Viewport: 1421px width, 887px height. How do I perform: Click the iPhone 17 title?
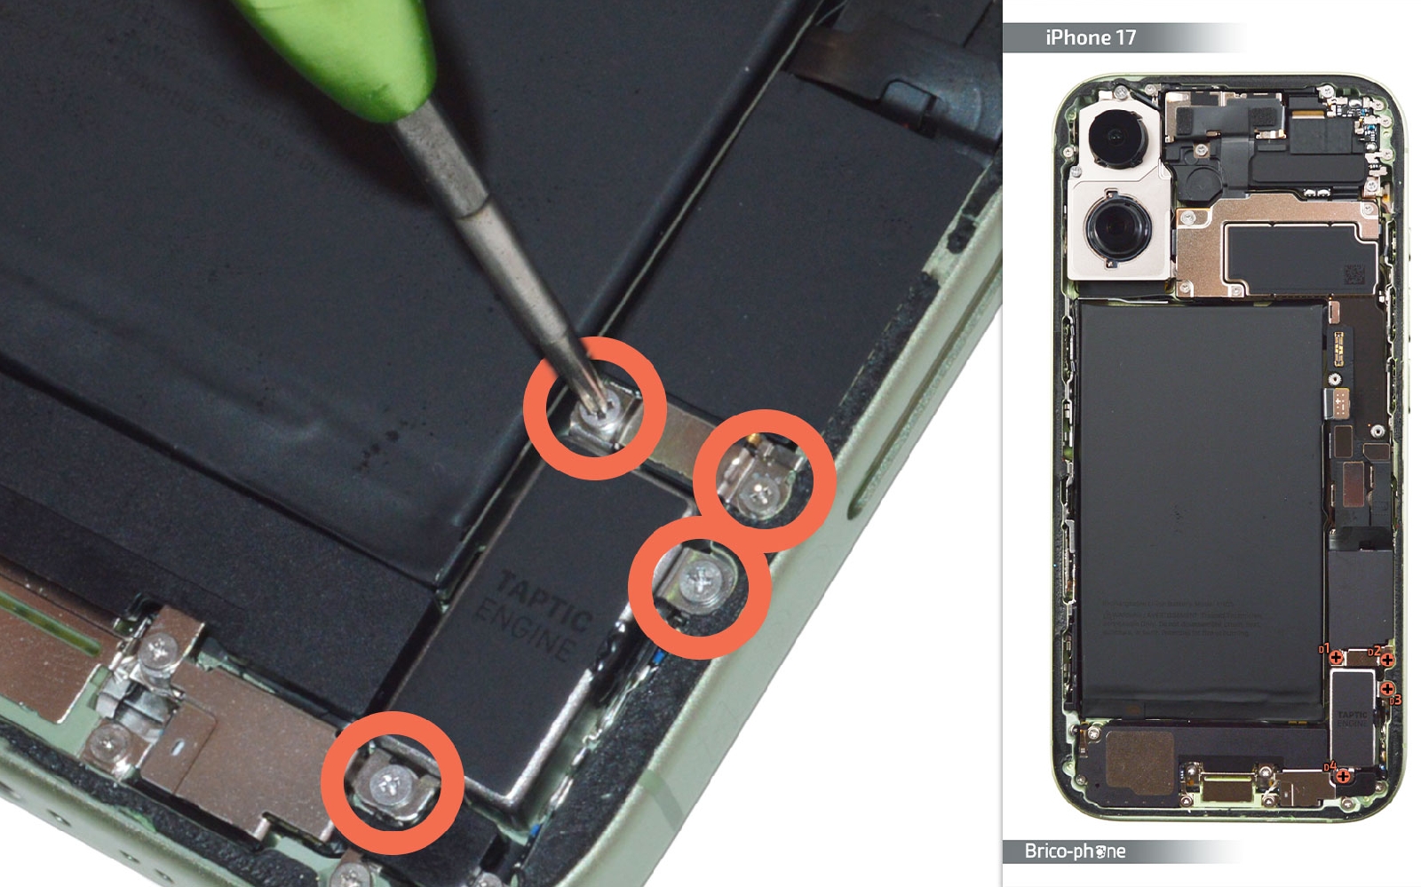point(1090,37)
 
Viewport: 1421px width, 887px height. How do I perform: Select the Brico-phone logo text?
point(1075,851)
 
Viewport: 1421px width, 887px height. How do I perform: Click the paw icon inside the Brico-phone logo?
point(1099,851)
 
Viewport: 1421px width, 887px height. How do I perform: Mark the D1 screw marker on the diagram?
point(1335,657)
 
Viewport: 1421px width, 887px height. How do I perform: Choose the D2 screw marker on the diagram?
point(1386,659)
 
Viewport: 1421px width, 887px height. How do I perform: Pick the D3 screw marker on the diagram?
point(1387,689)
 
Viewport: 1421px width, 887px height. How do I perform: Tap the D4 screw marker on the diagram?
point(1343,776)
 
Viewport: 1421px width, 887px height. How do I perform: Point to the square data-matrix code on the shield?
point(1354,274)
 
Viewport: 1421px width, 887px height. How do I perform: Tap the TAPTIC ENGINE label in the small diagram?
point(1354,718)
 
